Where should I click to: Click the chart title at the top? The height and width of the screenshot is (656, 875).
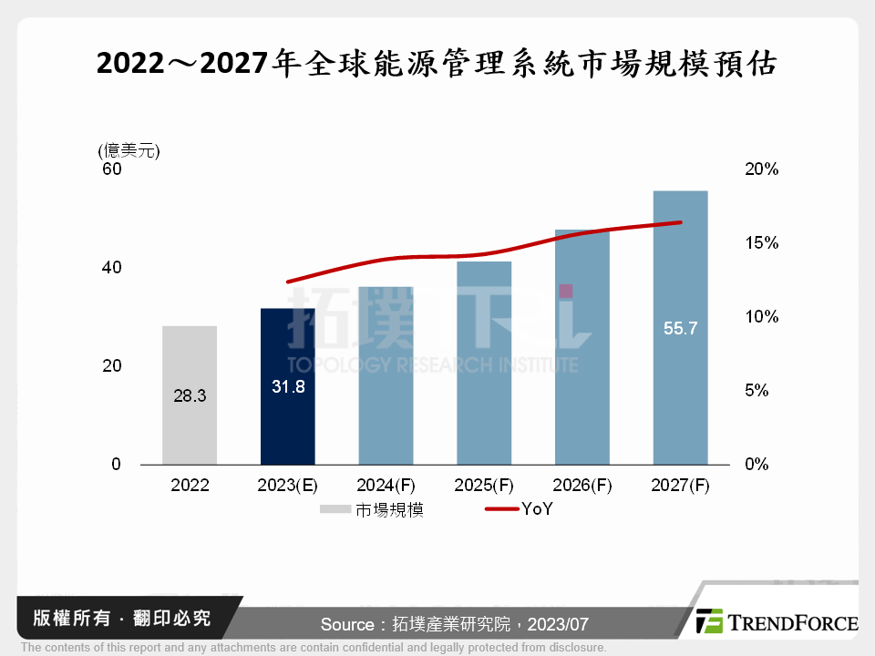[x=437, y=66]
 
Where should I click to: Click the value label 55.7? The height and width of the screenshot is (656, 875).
[x=680, y=329]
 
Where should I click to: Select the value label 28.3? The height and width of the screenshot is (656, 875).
[x=190, y=396]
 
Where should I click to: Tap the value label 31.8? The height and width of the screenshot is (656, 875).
[x=287, y=386]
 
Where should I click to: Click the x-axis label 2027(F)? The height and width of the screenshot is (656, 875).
[x=680, y=486]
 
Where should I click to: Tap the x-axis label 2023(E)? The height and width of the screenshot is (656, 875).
[x=287, y=486]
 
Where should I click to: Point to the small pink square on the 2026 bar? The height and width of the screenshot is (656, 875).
[x=566, y=291]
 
